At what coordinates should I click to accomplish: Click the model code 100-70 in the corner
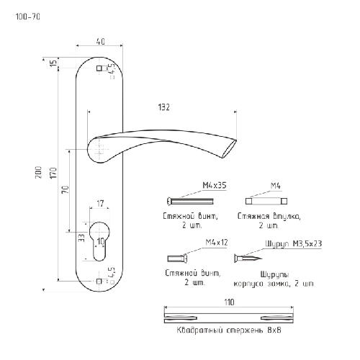click(27, 17)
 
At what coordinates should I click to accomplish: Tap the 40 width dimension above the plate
click(101, 41)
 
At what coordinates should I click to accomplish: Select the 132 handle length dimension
click(164, 107)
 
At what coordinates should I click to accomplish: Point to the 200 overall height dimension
click(38, 172)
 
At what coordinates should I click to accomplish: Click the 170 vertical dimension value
click(53, 173)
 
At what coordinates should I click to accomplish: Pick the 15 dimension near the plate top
click(54, 63)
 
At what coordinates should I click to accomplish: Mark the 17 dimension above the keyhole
click(100, 204)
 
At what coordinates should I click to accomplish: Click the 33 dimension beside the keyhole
click(81, 238)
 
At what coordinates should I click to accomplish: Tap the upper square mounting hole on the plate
click(99, 68)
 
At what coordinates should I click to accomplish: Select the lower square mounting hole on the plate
click(99, 282)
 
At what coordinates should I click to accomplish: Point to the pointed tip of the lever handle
click(236, 140)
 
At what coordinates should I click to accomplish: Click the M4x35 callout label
click(215, 185)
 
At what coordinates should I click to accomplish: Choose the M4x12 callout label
click(217, 243)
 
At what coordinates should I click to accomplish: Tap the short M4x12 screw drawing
click(177, 258)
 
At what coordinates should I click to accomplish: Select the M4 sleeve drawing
click(266, 201)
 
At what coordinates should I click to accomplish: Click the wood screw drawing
click(248, 258)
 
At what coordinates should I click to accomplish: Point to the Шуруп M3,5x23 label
click(293, 244)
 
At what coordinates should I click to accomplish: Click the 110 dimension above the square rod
click(229, 302)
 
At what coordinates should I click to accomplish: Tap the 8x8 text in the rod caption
click(274, 330)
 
